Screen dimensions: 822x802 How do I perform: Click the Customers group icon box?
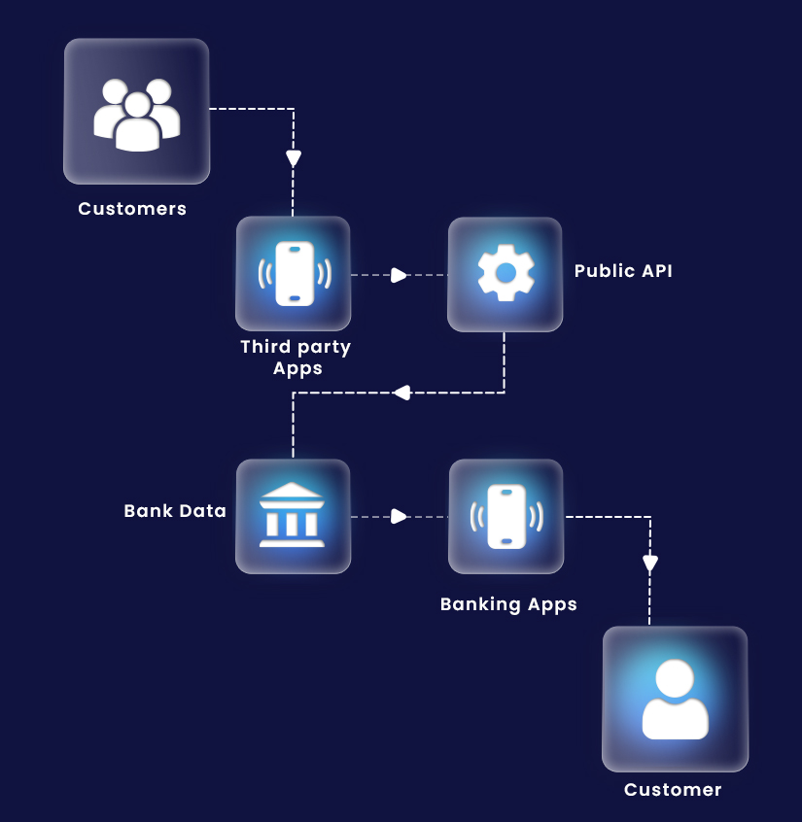coord(136,111)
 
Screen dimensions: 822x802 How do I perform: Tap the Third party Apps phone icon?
coord(294,274)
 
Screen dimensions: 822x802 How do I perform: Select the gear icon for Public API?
coord(505,274)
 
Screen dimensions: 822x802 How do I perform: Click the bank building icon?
coord(293,516)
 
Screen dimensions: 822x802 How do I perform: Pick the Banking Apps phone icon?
coord(506,516)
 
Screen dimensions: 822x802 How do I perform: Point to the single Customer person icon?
coord(675,700)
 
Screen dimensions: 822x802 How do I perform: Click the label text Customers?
coord(132,209)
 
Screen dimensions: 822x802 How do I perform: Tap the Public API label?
coord(623,271)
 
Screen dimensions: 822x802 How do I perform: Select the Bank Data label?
coord(175,510)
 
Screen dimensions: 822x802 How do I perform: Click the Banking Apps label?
coord(508,604)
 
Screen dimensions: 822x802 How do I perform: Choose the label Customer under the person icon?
coord(673,790)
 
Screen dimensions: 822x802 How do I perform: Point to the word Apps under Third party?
coord(296,368)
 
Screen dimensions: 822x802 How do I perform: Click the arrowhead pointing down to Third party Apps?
coord(294,158)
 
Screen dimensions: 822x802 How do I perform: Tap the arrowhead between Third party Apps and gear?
coord(399,275)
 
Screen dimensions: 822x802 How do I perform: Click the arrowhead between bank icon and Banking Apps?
coord(399,516)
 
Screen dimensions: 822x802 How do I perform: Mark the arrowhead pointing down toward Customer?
coord(650,563)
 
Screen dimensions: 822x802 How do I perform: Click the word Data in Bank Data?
coord(202,510)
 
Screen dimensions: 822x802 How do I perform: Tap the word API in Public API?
coord(654,271)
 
